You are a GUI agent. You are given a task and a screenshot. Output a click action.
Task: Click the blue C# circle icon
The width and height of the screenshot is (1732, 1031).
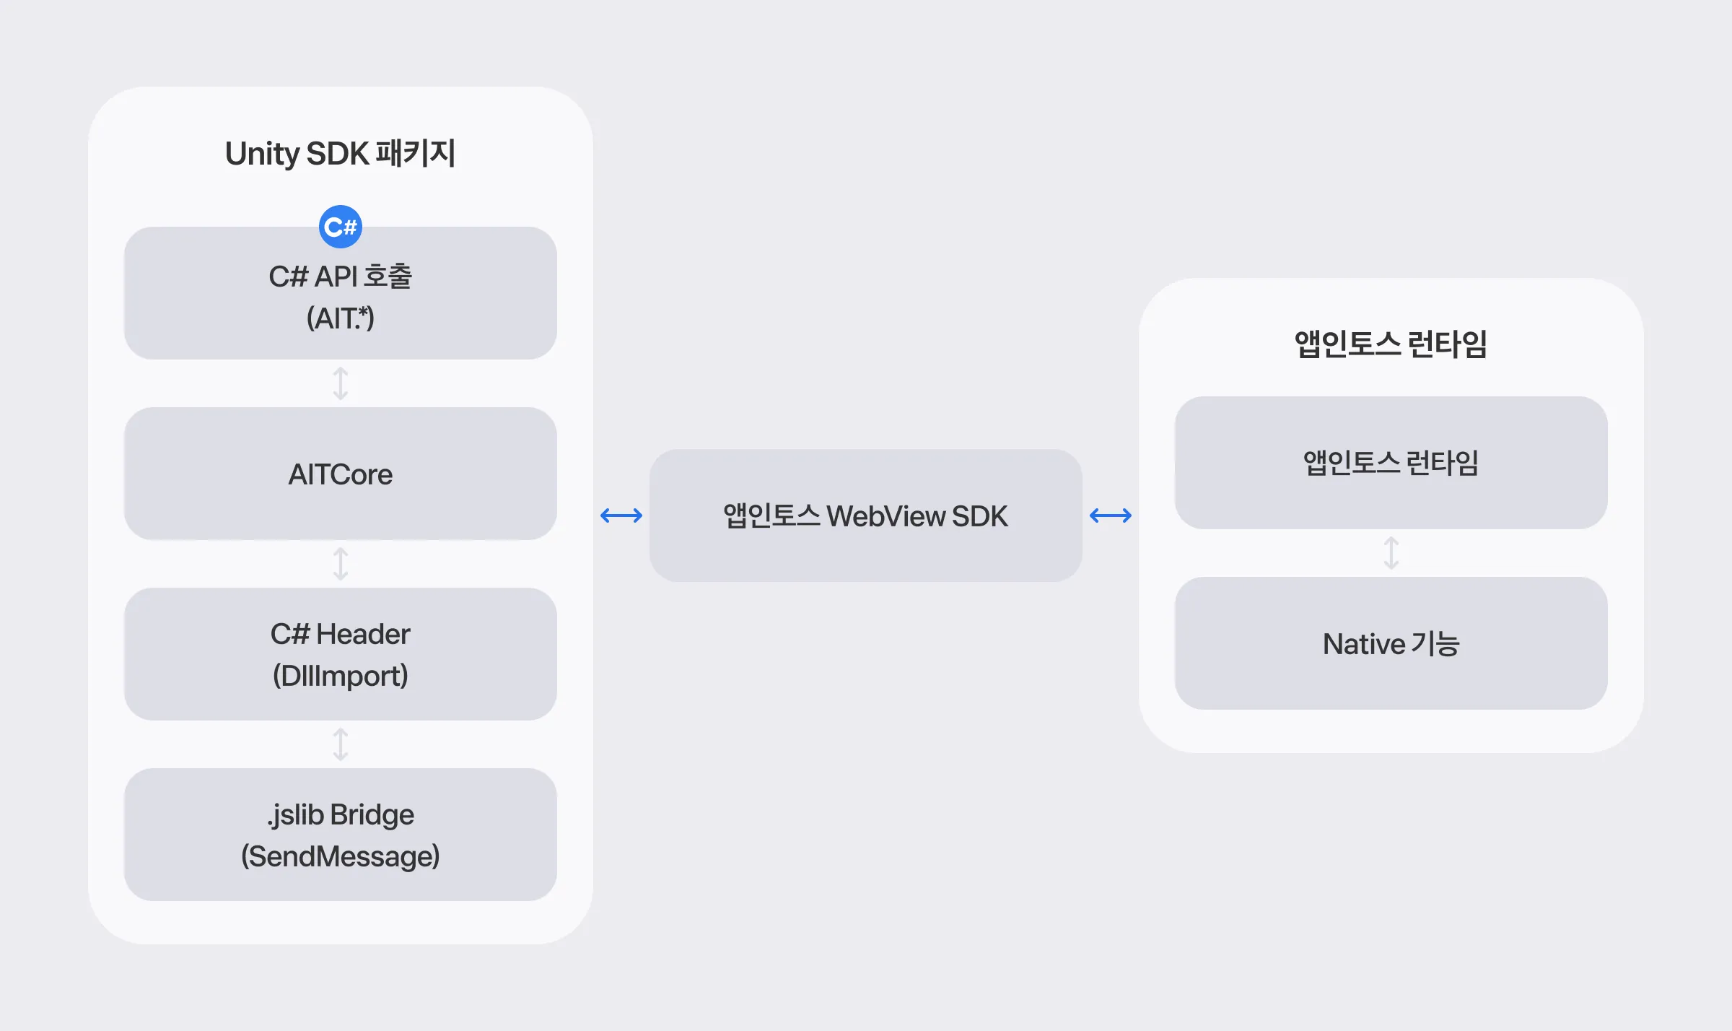point(340,227)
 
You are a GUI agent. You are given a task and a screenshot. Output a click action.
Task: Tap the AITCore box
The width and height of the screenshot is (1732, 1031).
point(340,474)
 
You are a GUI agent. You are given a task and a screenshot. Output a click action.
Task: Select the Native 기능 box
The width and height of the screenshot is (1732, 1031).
point(1391,643)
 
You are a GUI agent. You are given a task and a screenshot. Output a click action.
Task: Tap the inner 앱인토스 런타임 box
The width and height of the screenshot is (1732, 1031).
point(1391,463)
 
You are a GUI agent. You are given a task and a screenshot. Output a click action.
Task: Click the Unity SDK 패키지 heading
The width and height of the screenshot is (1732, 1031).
point(340,153)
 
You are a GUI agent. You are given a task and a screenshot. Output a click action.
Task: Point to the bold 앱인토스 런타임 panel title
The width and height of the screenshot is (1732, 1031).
point(1391,344)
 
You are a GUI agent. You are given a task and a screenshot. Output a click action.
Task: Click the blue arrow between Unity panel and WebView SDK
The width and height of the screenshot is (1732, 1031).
point(621,515)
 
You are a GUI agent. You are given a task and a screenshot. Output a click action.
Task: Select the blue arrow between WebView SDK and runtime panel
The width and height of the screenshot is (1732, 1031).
point(1111,515)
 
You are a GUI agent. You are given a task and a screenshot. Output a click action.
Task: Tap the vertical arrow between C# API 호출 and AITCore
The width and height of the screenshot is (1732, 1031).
point(340,383)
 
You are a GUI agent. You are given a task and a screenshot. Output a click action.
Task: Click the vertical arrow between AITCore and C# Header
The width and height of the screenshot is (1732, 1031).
point(340,564)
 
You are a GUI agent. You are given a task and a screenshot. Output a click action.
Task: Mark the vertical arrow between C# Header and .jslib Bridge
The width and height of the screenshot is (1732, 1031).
point(340,744)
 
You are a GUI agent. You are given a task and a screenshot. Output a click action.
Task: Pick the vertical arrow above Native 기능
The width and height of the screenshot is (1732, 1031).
point(1391,553)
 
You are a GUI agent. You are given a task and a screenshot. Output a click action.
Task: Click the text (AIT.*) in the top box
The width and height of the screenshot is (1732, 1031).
point(340,318)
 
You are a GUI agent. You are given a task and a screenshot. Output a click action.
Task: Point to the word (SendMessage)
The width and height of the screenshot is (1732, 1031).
point(340,856)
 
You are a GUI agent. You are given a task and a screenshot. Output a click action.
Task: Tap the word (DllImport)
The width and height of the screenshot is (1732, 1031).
point(340,676)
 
